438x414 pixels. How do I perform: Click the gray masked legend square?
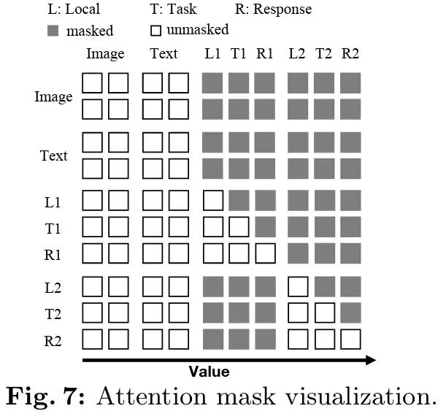click(53, 31)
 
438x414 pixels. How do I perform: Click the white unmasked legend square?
click(155, 31)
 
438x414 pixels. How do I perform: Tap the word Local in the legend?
click(82, 10)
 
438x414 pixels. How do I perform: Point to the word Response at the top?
click(283, 9)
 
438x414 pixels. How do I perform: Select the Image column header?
click(105, 53)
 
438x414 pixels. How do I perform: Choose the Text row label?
click(54, 156)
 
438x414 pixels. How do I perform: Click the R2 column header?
click(350, 53)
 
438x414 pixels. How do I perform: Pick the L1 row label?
click(53, 200)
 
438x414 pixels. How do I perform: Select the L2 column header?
click(297, 53)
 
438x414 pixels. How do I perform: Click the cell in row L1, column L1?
click(212, 200)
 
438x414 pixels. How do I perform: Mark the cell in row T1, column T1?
click(239, 227)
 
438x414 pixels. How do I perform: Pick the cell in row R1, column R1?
click(265, 253)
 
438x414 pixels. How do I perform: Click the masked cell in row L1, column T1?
click(239, 200)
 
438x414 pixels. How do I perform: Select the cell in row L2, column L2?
click(298, 287)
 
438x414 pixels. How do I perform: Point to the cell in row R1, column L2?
click(298, 253)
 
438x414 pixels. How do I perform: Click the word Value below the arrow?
click(210, 372)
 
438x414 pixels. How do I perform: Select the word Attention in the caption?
click(149, 397)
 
